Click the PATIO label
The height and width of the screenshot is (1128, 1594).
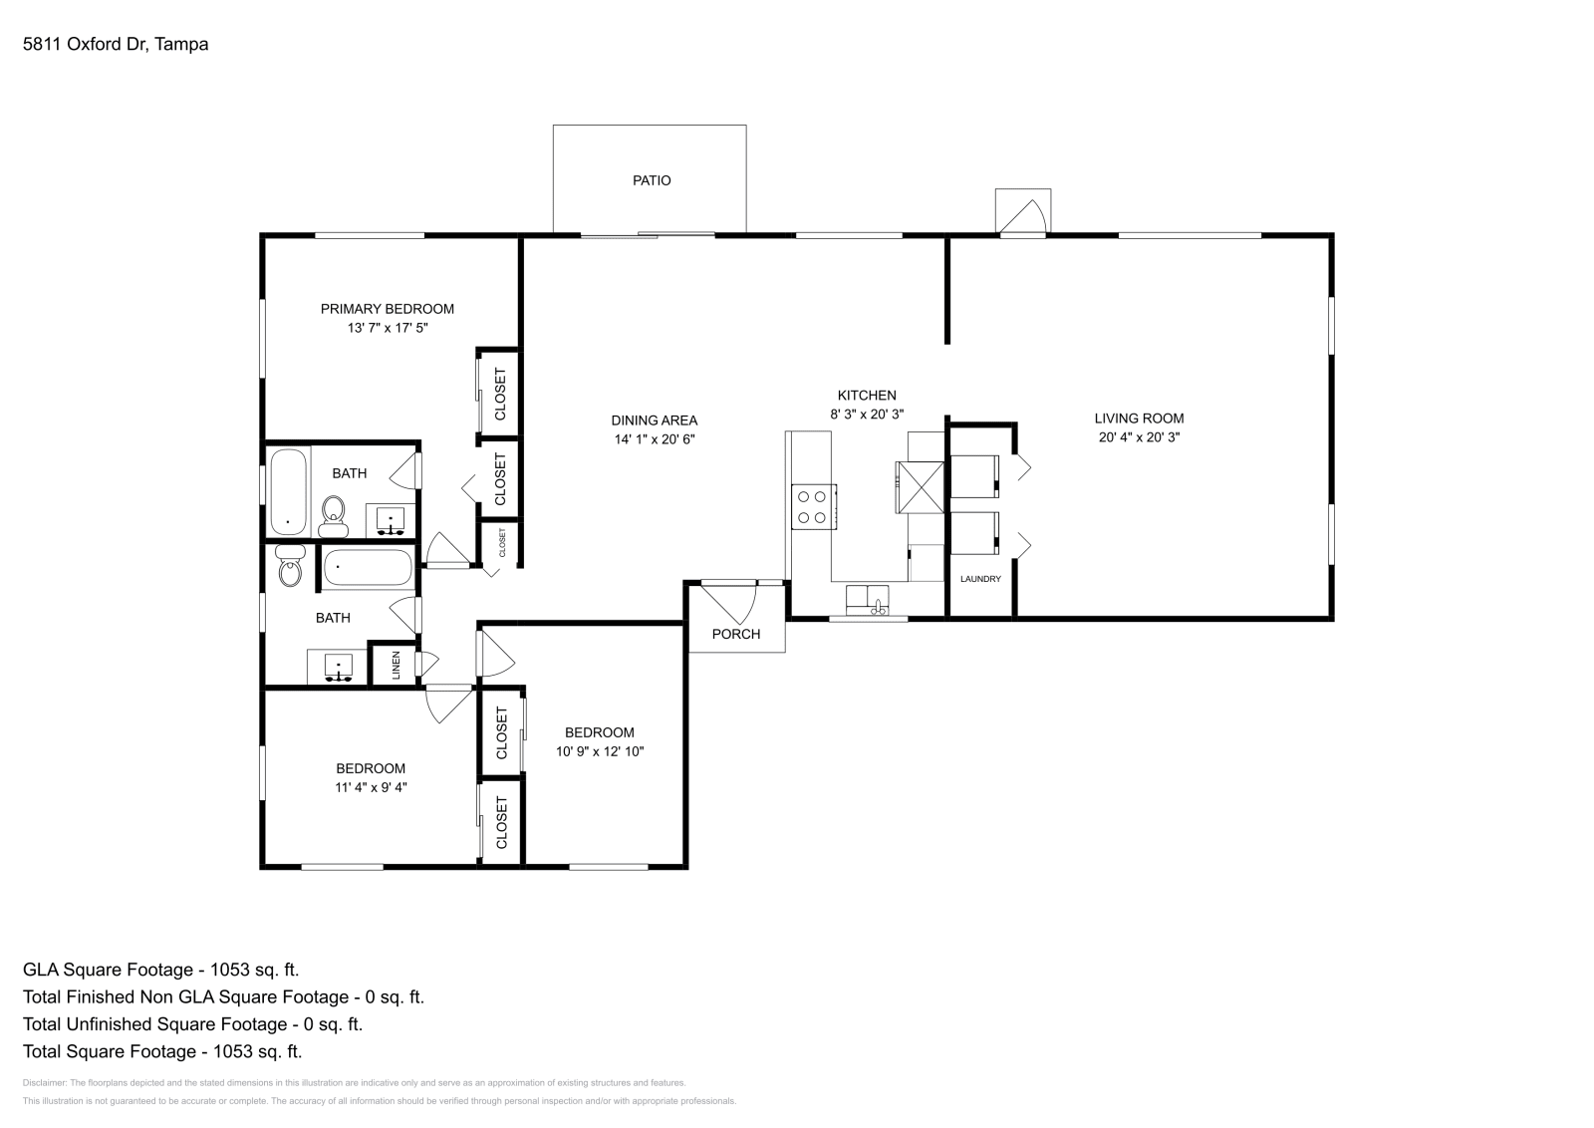click(x=652, y=180)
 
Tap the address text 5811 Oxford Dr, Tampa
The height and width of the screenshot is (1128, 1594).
click(x=116, y=44)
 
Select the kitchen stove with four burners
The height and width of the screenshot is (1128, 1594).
click(x=813, y=505)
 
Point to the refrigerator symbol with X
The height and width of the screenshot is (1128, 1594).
click(x=920, y=486)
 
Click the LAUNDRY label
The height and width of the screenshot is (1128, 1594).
click(x=980, y=579)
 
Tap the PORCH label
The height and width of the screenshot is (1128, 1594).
click(x=736, y=634)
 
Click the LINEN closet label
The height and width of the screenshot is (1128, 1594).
click(x=396, y=666)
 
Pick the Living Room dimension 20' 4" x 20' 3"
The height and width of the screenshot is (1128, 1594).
click(x=1139, y=436)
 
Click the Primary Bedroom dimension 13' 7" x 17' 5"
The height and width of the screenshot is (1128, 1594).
click(x=387, y=327)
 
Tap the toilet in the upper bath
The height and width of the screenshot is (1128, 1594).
click(x=334, y=514)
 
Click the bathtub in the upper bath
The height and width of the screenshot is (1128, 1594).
click(x=288, y=491)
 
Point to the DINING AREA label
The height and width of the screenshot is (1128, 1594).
click(x=654, y=421)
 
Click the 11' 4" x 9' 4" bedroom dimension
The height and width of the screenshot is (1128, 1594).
click(x=371, y=786)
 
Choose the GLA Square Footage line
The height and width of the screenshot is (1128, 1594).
click(x=160, y=969)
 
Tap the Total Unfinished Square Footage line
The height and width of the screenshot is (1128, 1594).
click(x=192, y=1023)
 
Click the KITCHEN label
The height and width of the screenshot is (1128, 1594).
click(x=866, y=396)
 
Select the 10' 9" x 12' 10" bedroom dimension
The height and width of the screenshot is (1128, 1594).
click(x=600, y=751)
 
